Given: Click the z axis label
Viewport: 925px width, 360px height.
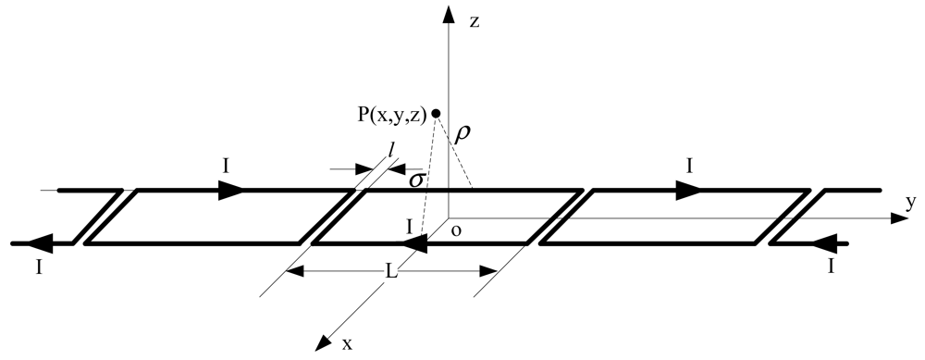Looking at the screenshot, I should (x=474, y=20).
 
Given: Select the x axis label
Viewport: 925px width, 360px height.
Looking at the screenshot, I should (x=348, y=343).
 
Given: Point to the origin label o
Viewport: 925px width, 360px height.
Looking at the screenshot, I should (x=456, y=230).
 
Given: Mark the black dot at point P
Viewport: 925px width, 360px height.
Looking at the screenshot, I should (x=437, y=113).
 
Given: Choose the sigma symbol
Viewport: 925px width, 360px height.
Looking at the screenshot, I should (x=416, y=179).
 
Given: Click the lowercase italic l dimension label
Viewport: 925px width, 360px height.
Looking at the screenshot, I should (x=393, y=150).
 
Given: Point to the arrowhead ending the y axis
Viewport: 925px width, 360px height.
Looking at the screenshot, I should (x=894, y=218).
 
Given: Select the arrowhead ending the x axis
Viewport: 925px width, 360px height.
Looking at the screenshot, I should (x=324, y=342).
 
